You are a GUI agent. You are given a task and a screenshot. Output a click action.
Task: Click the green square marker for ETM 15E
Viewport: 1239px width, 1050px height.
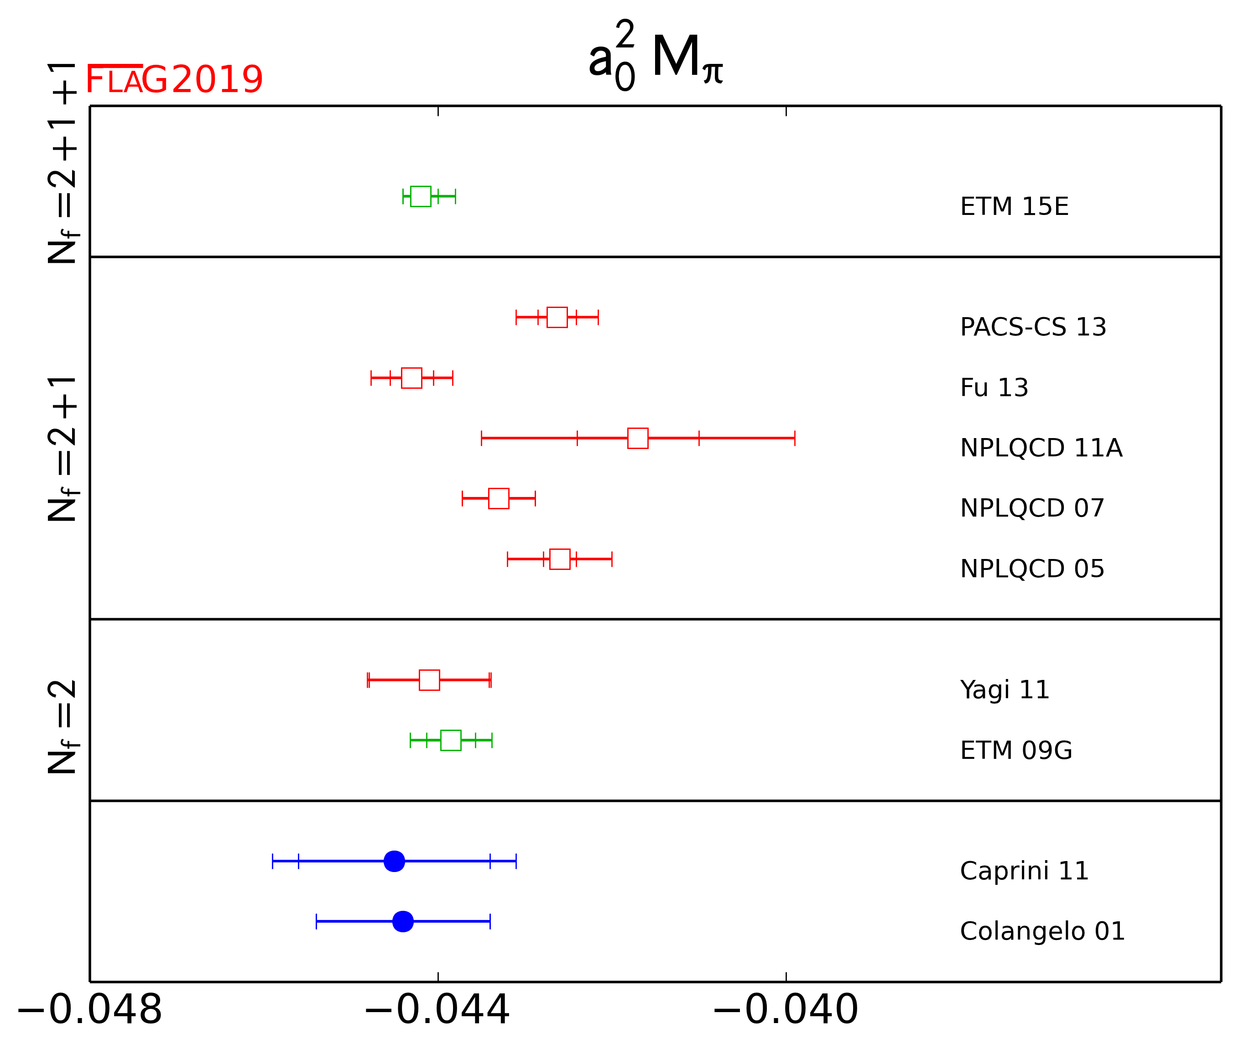pyautogui.click(x=420, y=196)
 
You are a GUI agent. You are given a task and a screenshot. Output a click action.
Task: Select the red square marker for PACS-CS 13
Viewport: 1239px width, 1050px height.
pyautogui.click(x=557, y=317)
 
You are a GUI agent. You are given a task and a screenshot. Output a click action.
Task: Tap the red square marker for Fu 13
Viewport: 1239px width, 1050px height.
pyautogui.click(x=411, y=378)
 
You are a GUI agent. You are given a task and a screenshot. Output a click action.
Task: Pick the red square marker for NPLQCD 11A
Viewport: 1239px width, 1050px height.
pyautogui.click(x=637, y=438)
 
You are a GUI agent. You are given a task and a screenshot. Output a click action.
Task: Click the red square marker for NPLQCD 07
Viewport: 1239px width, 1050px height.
pyautogui.click(x=498, y=498)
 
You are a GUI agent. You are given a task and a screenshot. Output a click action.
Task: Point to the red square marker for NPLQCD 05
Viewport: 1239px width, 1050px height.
pyautogui.click(x=559, y=559)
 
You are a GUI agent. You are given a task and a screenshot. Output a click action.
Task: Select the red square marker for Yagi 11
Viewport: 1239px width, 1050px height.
pyautogui.click(x=429, y=680)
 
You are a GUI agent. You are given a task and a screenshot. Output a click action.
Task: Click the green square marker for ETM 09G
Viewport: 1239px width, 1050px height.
pyautogui.click(x=451, y=741)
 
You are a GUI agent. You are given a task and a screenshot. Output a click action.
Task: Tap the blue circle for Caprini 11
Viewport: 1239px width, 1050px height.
pyautogui.click(x=394, y=861)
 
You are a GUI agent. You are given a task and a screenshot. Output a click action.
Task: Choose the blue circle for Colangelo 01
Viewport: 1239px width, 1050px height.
pyautogui.click(x=403, y=921)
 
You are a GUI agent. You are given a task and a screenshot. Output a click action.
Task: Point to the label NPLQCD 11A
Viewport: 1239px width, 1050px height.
pyautogui.click(x=1041, y=448)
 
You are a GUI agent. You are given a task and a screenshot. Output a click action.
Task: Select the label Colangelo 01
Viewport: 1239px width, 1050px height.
pyautogui.click(x=1042, y=931)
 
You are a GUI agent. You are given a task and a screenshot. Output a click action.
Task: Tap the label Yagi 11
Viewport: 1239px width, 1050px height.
pyautogui.click(x=1005, y=690)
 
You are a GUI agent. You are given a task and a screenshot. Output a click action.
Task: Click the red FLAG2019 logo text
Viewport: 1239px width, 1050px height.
pyautogui.click(x=174, y=79)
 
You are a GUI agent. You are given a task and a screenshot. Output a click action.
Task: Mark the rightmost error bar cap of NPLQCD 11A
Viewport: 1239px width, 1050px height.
pyautogui.click(x=795, y=438)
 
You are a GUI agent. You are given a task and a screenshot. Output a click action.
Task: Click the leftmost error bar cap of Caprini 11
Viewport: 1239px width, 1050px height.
pyautogui.click(x=272, y=861)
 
